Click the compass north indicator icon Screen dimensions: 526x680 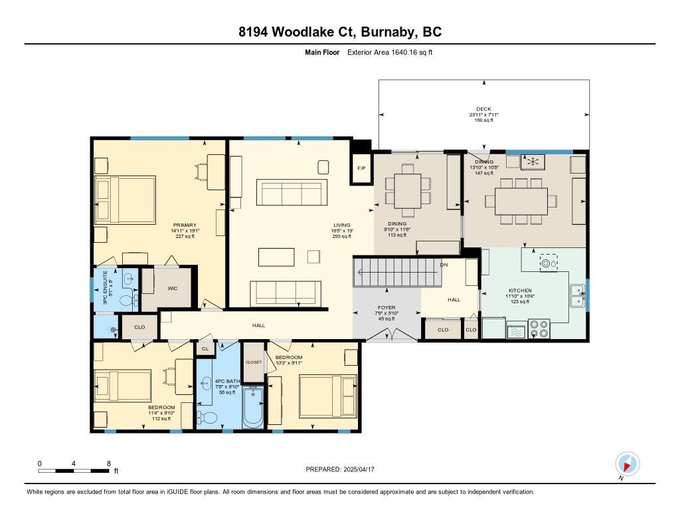(627, 463)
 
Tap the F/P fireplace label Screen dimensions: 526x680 (362, 168)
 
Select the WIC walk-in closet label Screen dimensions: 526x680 (172, 289)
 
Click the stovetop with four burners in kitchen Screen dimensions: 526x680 (539, 329)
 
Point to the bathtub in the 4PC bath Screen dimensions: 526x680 (253, 406)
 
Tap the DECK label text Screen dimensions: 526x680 (483, 109)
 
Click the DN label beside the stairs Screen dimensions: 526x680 (444, 265)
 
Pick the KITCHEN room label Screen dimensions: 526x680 (520, 291)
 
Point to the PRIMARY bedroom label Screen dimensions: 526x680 (185, 225)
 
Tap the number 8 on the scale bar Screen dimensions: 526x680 (108, 463)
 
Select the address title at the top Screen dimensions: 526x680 (339, 32)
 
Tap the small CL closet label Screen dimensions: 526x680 (205, 348)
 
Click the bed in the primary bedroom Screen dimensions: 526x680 (126, 199)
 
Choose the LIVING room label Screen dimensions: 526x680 (341, 225)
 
